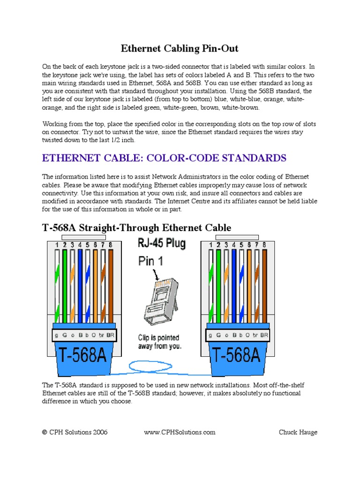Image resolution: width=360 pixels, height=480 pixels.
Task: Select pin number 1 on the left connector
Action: [57, 245]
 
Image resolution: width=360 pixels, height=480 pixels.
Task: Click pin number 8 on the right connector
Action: [264, 245]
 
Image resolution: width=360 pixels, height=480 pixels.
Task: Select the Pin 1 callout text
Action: [150, 261]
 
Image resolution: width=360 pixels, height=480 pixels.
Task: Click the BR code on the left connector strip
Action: [110, 335]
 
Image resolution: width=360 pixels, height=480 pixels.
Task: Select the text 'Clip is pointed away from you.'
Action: [160, 342]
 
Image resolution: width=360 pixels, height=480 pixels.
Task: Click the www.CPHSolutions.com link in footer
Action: [180, 432]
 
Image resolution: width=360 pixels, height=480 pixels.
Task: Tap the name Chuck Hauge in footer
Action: [298, 432]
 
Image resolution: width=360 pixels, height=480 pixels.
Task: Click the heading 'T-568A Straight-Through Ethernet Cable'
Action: [137, 228]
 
